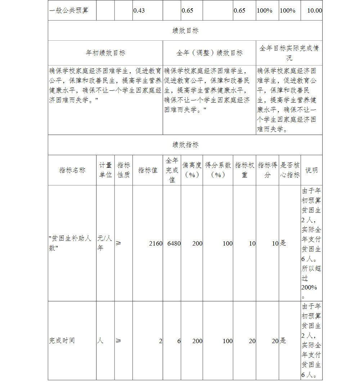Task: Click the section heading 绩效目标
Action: click(x=185, y=31)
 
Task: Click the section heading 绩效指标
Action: click(x=185, y=145)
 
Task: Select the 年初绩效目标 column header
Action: click(x=105, y=53)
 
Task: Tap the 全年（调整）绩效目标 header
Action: click(x=210, y=53)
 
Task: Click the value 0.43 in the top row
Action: click(x=139, y=10)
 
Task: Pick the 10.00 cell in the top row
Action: click(x=314, y=10)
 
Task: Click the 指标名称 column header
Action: click(x=72, y=170)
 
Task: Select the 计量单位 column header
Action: click(x=105, y=170)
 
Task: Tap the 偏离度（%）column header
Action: click(x=192, y=170)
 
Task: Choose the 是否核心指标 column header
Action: click(x=290, y=170)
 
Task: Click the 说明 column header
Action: click(x=311, y=170)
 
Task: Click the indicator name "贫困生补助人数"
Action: click(x=71, y=243)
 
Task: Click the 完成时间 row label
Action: click(x=62, y=341)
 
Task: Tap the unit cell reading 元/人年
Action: click(x=105, y=243)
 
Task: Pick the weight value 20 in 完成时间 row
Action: click(x=252, y=341)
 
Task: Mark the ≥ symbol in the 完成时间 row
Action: click(x=118, y=341)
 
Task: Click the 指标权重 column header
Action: click(x=245, y=170)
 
